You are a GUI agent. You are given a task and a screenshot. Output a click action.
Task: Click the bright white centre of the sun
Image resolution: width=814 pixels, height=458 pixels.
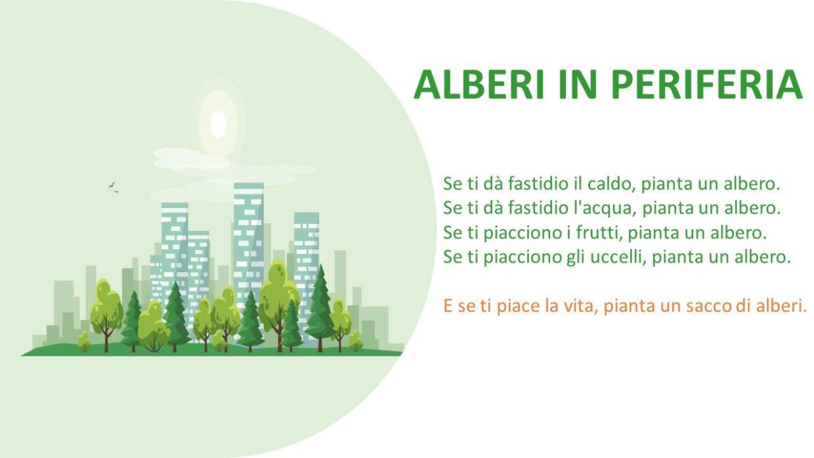[x=219, y=124]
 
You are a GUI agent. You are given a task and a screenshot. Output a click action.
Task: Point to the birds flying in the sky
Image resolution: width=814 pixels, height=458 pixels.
[x=114, y=188]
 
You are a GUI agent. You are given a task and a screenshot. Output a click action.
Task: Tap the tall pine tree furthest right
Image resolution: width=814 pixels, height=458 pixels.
[x=320, y=308]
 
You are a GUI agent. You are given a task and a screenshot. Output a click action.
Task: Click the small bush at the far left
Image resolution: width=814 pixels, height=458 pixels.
[x=85, y=341]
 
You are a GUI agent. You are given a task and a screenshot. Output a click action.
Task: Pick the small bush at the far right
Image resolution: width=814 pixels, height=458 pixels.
[x=356, y=341]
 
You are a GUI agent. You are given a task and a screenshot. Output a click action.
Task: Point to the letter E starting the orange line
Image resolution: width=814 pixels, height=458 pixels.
[x=448, y=306]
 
